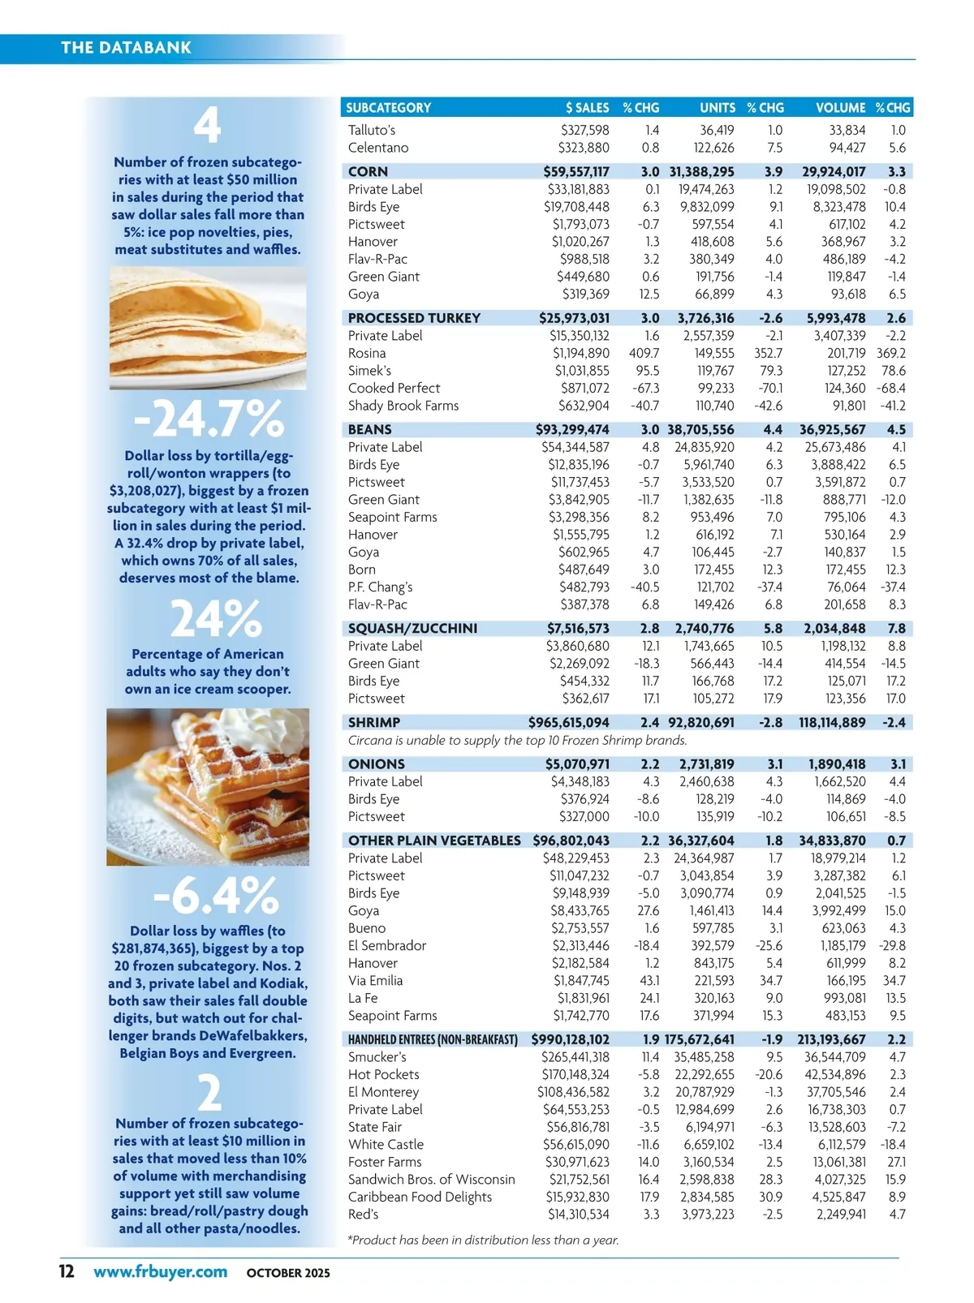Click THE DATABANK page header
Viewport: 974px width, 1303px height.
pyautogui.click(x=126, y=47)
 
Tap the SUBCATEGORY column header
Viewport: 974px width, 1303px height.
pyautogui.click(x=388, y=107)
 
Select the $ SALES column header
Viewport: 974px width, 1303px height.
pyautogui.click(x=587, y=107)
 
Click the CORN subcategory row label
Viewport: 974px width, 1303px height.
pyautogui.click(x=368, y=171)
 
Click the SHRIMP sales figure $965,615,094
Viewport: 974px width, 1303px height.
pyautogui.click(x=568, y=722)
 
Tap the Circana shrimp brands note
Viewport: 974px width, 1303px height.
pyautogui.click(x=517, y=740)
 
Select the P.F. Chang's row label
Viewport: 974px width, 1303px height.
pyautogui.click(x=380, y=587)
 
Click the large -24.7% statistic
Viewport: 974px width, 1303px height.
pyautogui.click(x=209, y=419)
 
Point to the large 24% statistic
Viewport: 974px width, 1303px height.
pyautogui.click(x=215, y=619)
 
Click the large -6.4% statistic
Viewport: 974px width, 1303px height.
pyautogui.click(x=215, y=897)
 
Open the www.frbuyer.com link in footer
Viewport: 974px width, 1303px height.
pyautogui.click(x=160, y=1271)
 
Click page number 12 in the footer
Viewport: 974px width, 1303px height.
pyautogui.click(x=67, y=1271)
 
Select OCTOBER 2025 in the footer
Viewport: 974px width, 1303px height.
pyautogui.click(x=288, y=1273)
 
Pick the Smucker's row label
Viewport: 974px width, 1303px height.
pyautogui.click(x=377, y=1056)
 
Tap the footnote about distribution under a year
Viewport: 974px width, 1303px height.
pyautogui.click(x=483, y=1240)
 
